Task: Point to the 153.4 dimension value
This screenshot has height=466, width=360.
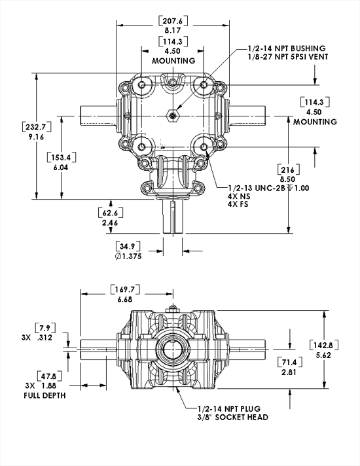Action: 61,157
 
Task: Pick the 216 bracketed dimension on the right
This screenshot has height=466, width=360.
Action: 289,168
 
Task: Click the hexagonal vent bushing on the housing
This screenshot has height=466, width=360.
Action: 172,116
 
